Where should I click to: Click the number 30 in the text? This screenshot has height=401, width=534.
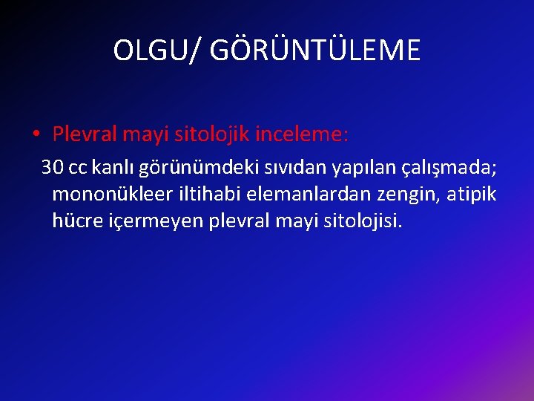[53, 167]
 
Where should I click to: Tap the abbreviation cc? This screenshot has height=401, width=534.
[77, 168]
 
